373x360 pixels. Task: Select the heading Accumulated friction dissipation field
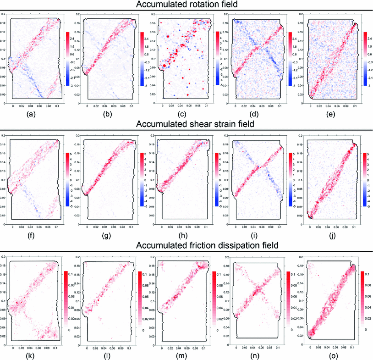pyautogui.click(x=186, y=245)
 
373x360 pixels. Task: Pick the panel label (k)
pyautogui.click(x=34, y=354)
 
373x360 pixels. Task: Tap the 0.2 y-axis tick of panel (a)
pyautogui.click(x=3, y=15)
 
